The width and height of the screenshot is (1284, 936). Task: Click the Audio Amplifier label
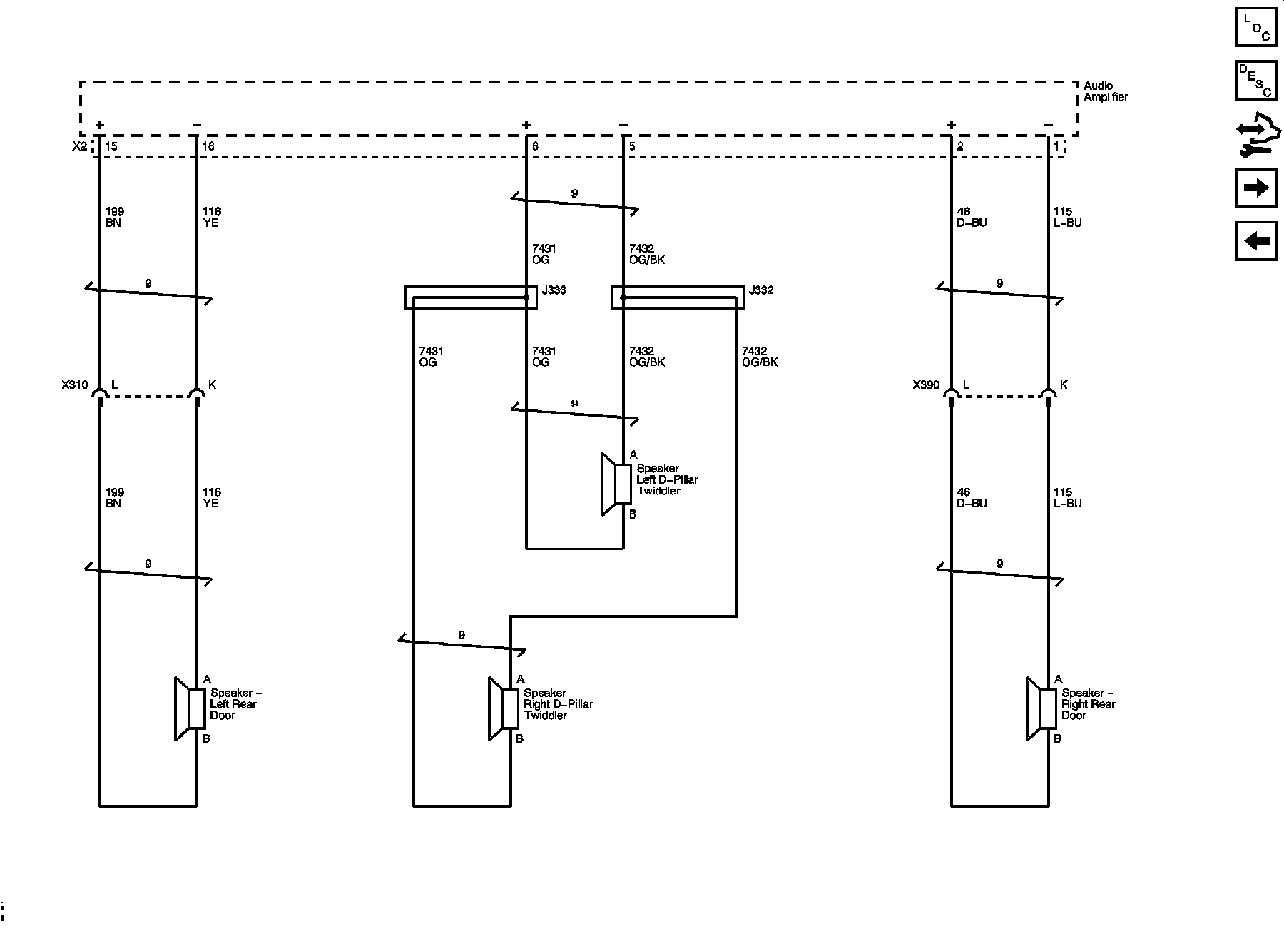tap(1106, 91)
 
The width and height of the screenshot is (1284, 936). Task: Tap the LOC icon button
tap(1256, 27)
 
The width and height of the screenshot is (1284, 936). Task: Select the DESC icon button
tap(1256, 81)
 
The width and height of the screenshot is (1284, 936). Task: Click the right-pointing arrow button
tap(1256, 188)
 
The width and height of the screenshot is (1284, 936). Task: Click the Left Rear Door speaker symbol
tap(190, 709)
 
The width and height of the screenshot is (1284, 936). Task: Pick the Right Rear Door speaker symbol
tap(1041, 709)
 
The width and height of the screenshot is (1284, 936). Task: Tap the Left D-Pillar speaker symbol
tap(616, 484)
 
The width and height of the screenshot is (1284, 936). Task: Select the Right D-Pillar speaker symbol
tap(504, 709)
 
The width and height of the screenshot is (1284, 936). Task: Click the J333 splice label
tap(554, 290)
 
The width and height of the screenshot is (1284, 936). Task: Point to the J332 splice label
tap(760, 290)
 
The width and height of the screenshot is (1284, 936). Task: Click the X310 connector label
tap(74, 385)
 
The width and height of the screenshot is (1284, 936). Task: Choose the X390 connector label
tap(926, 385)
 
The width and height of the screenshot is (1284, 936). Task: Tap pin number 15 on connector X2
tap(111, 146)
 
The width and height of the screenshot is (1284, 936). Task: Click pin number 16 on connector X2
tap(208, 146)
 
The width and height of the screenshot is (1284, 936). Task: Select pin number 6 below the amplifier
tap(535, 146)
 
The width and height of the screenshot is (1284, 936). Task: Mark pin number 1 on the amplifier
tap(1056, 146)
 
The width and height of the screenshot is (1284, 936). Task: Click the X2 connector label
tap(80, 146)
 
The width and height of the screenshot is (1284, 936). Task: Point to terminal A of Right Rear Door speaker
tap(1059, 679)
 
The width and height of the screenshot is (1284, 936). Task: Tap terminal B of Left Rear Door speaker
tap(206, 739)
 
